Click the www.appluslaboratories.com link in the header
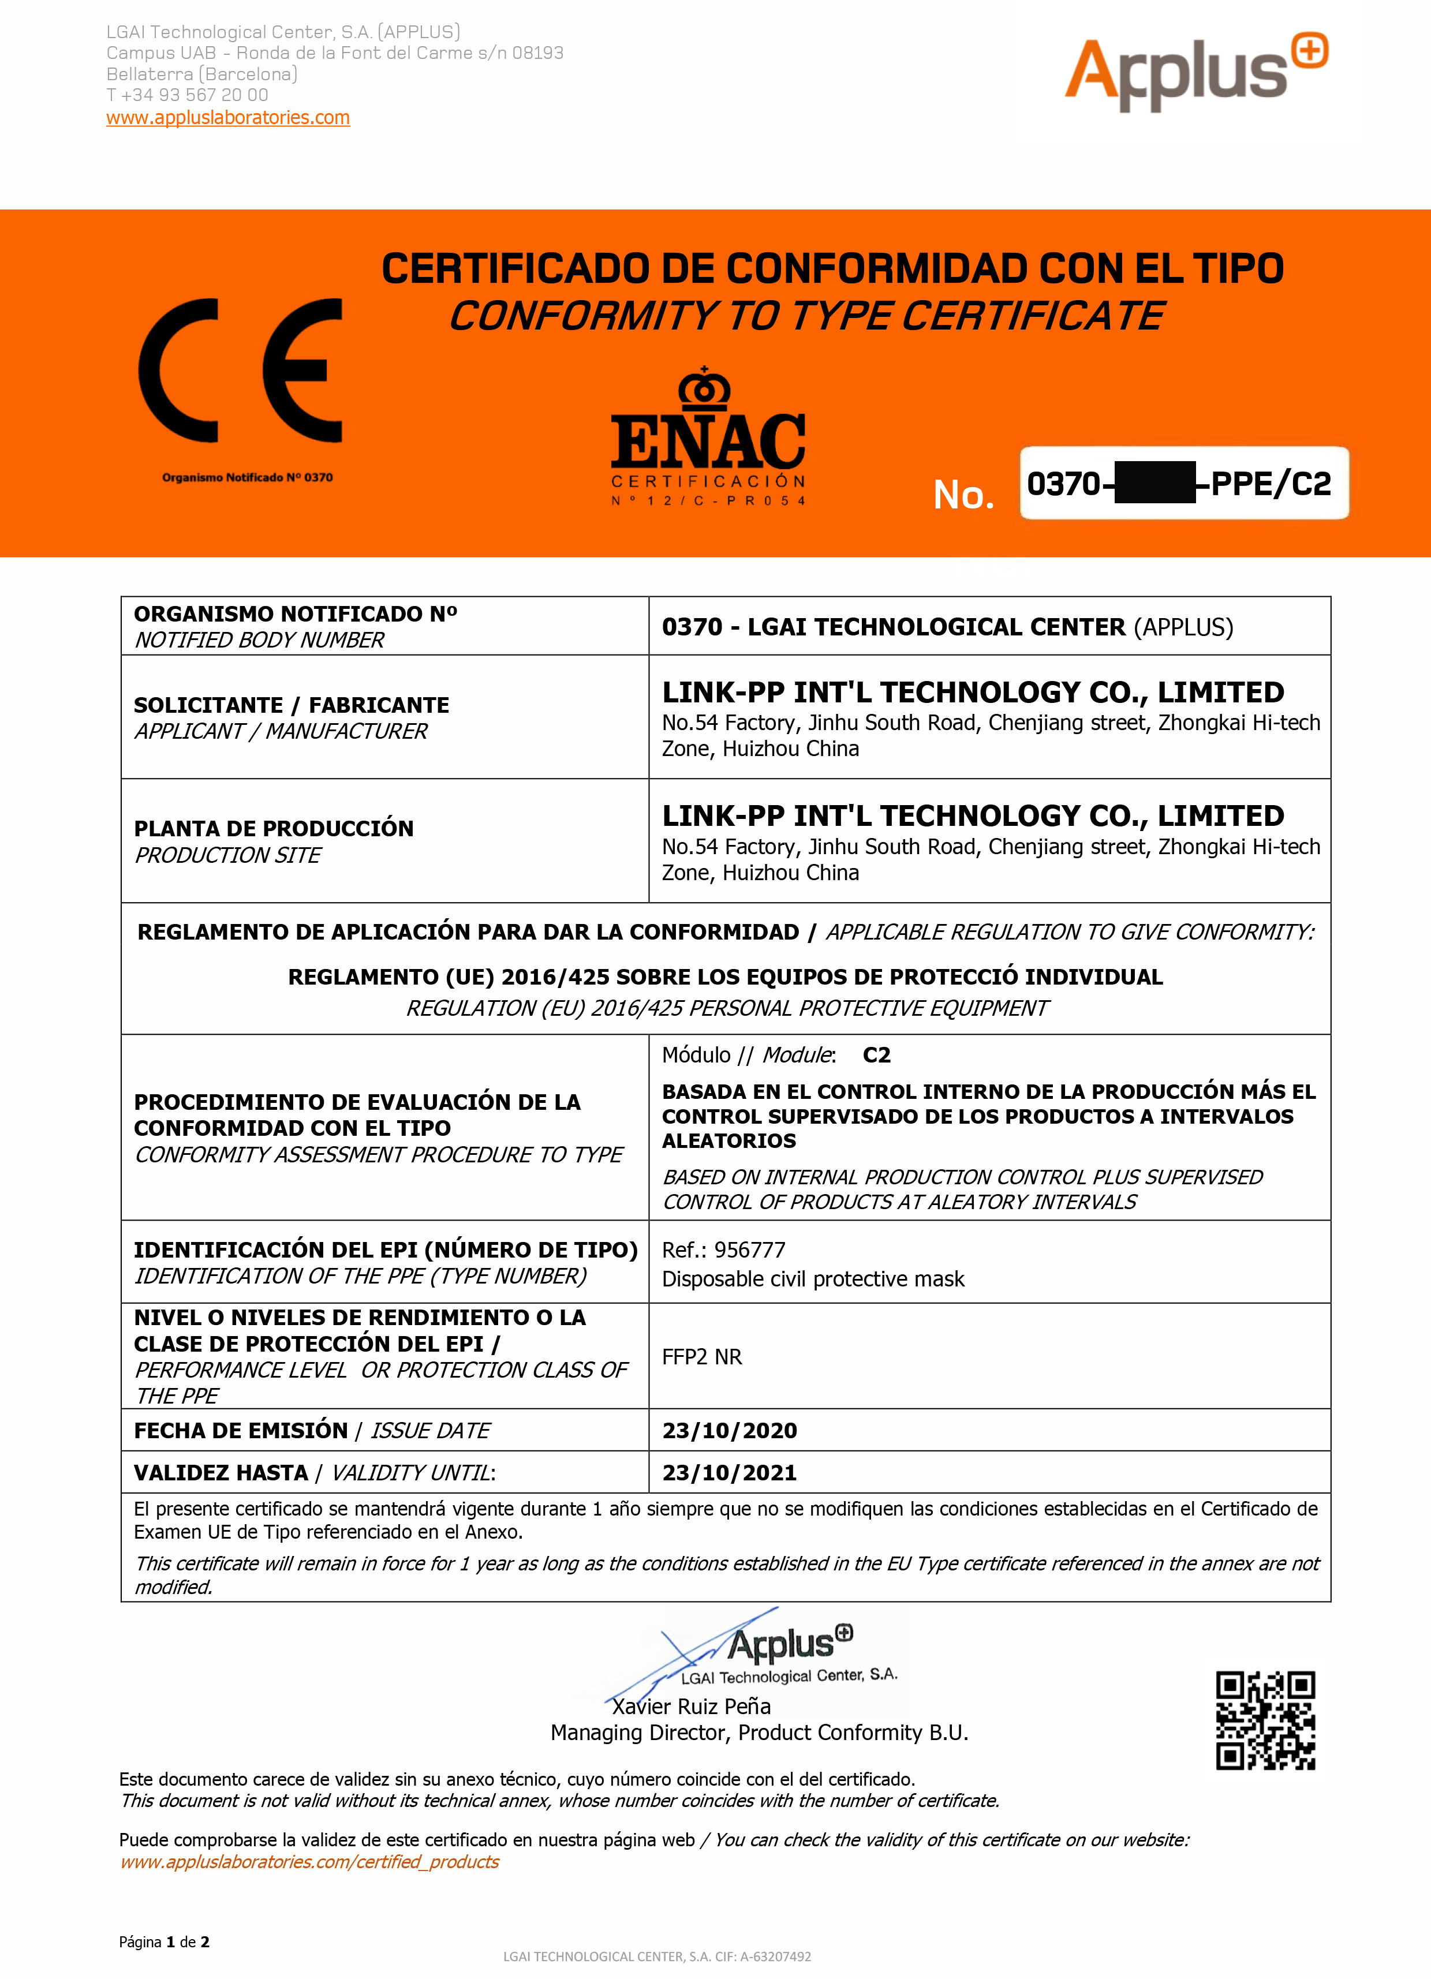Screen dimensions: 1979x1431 tap(228, 118)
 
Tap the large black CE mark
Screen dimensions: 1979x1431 tap(241, 371)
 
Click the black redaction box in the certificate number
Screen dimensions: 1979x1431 tap(1155, 484)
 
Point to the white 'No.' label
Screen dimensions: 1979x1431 tap(963, 495)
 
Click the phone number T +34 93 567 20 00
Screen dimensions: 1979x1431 tap(188, 95)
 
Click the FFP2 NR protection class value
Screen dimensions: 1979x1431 tap(701, 1357)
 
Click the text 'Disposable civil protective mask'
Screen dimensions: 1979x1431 tap(813, 1279)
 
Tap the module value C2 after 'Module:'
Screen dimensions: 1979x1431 tap(876, 1055)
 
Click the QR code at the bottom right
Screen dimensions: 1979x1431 tap(1265, 1720)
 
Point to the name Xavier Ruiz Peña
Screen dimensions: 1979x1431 tap(691, 1707)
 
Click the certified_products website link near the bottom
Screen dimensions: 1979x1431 tap(310, 1862)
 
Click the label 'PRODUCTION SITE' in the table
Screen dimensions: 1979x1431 tap(228, 855)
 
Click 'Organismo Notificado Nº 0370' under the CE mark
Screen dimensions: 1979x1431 tap(247, 477)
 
